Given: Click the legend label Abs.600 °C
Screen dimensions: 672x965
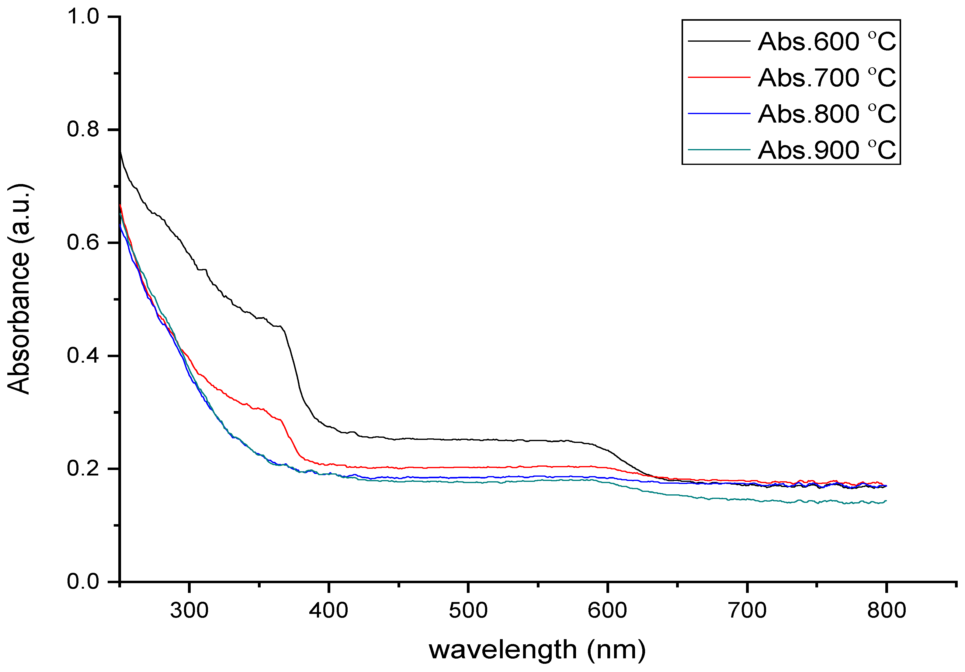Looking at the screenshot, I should coord(827,42).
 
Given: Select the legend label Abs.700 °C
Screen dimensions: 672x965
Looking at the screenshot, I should coord(827,78).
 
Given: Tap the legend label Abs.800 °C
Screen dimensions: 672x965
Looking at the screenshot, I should coord(827,114).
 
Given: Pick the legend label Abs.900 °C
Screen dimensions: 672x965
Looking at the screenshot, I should coord(827,150).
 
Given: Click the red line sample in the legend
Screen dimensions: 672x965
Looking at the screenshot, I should coord(719,77).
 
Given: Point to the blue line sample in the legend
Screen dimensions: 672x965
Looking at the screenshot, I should coord(719,113).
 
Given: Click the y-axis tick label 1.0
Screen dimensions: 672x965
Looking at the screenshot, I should coord(83,17).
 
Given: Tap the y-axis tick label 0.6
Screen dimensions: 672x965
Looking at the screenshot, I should coord(83,243).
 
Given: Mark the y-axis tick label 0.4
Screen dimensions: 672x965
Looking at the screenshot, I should coord(83,356).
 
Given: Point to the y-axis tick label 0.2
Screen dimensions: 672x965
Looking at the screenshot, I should coord(83,468).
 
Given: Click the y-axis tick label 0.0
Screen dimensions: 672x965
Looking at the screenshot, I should coord(83,582).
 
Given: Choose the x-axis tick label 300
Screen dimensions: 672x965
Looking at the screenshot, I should coord(189,611).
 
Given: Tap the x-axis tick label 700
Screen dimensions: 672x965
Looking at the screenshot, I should coord(747,611).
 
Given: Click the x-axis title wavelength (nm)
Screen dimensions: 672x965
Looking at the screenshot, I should coord(537,650).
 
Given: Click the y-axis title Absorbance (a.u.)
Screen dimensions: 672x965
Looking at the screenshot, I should coord(19,289).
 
